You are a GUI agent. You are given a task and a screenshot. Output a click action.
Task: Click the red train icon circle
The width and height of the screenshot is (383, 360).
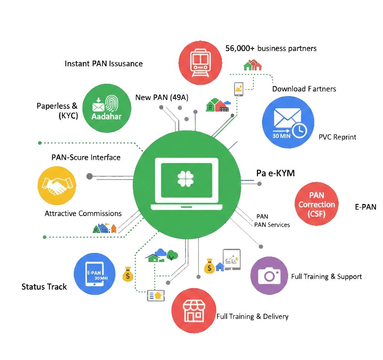[201, 62]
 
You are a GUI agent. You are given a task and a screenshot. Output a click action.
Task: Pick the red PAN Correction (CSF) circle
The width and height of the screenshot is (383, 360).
[316, 204]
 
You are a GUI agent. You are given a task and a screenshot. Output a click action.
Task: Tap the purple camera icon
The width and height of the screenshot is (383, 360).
[269, 276]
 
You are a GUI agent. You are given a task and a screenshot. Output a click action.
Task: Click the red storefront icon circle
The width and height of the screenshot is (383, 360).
[193, 310]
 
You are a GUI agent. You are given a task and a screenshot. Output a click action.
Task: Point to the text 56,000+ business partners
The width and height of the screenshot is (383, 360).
[271, 48]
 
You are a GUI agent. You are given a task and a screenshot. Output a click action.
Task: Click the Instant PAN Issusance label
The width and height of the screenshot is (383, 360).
[104, 63]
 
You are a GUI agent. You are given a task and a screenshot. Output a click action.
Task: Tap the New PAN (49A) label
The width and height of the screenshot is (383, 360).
[162, 98]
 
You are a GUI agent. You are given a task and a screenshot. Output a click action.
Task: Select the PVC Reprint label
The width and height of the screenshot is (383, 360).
[337, 137]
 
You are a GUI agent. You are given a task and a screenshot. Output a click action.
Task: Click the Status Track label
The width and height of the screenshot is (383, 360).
[44, 287]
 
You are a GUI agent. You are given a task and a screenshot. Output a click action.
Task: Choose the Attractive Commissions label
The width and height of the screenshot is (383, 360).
[83, 214]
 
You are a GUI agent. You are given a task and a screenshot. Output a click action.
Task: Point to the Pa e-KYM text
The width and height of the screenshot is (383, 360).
[275, 173]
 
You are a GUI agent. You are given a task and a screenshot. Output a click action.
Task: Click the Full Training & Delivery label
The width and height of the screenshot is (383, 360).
[252, 317]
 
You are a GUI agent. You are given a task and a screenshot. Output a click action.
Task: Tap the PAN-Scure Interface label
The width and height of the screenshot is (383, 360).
[86, 157]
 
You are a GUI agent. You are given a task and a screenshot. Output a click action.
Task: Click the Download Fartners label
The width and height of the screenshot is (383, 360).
[304, 89]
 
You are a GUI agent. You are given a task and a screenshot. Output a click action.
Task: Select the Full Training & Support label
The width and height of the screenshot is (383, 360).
[327, 277]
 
